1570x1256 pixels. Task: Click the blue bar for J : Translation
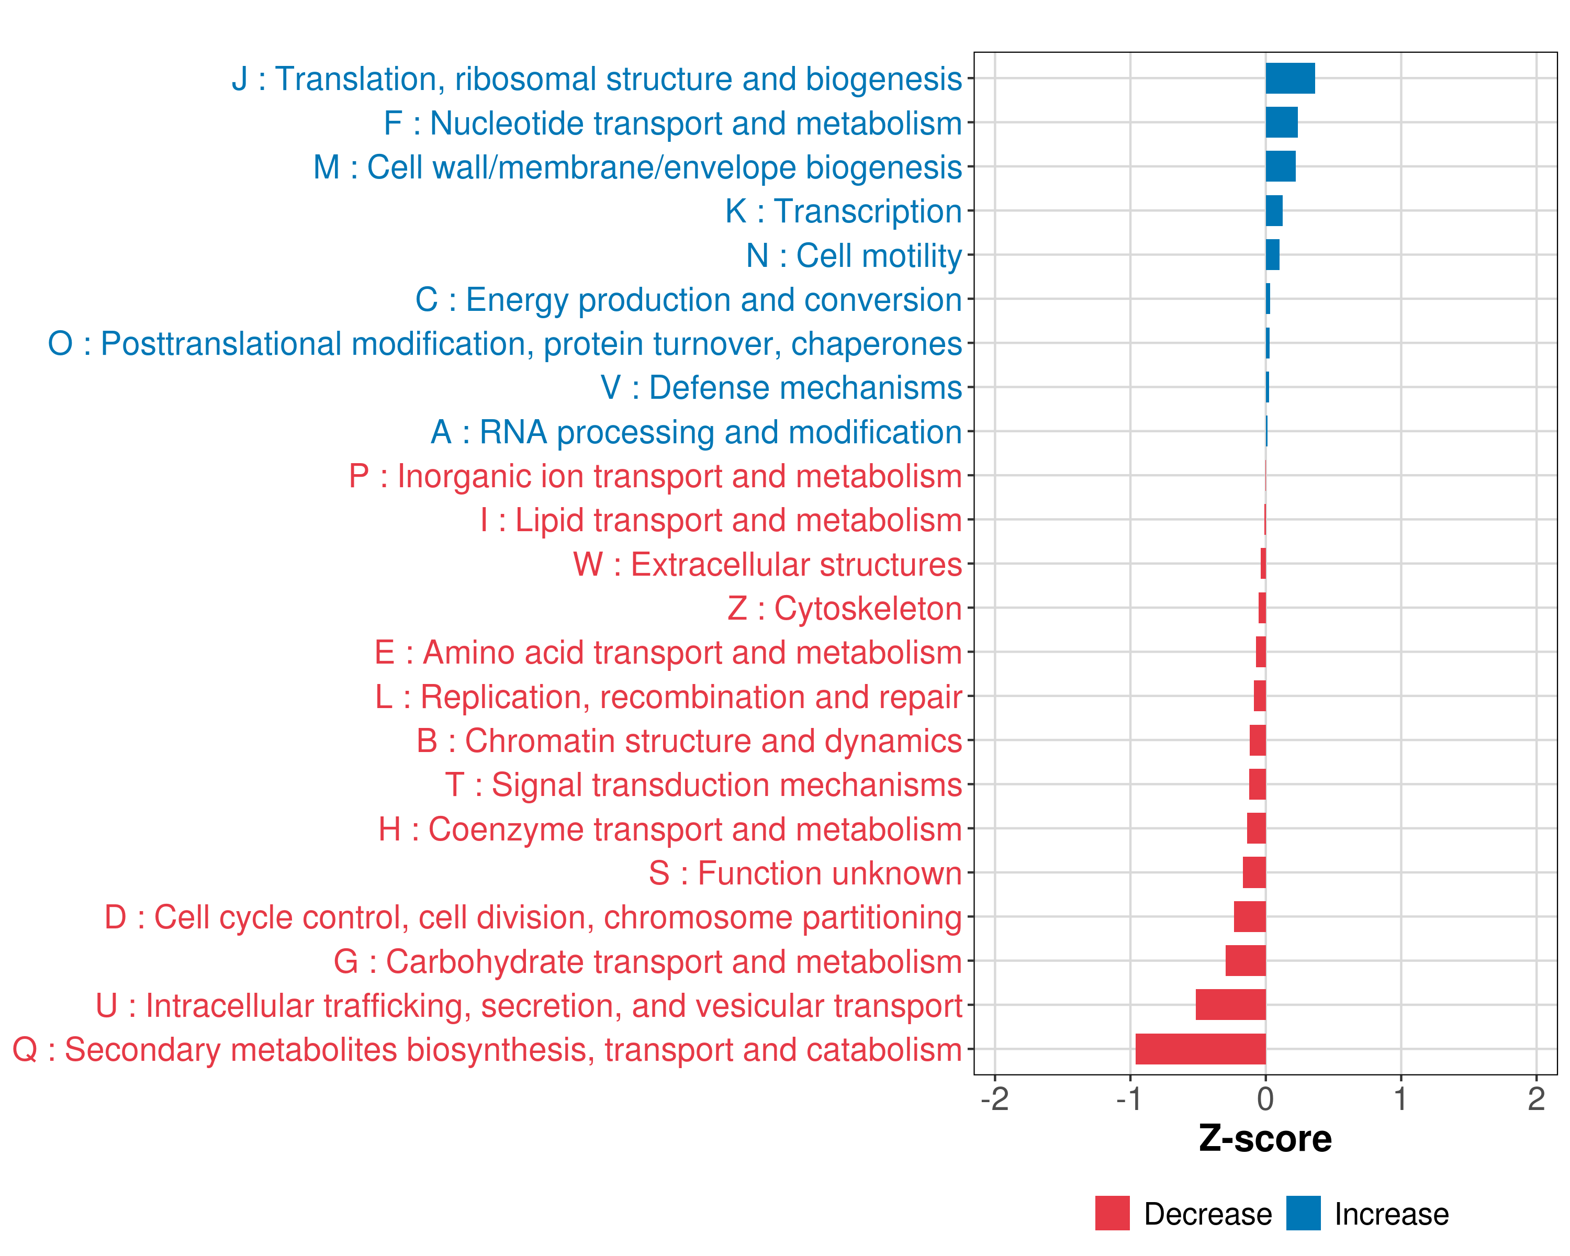(x=1289, y=78)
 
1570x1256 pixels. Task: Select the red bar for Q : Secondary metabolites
(x=1200, y=1049)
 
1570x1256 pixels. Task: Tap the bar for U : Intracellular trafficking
(x=1231, y=1005)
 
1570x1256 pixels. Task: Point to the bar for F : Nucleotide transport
(x=1282, y=122)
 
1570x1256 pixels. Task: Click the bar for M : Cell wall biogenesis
(x=1280, y=167)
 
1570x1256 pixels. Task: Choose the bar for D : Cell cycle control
(x=1250, y=917)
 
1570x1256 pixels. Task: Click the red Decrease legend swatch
(x=1112, y=1213)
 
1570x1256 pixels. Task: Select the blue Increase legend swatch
(x=1303, y=1213)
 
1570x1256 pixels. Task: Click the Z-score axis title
(x=1265, y=1139)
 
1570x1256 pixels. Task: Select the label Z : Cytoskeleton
(x=844, y=609)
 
